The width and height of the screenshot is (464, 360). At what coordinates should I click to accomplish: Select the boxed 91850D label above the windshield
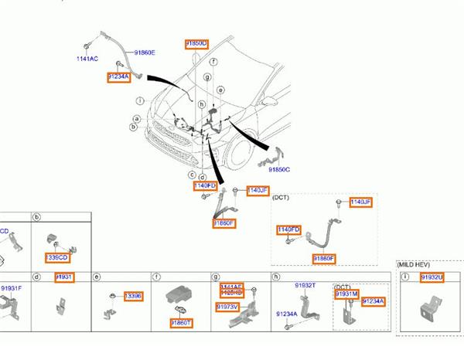pos(196,44)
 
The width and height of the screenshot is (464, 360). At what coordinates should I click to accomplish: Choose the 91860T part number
pos(183,323)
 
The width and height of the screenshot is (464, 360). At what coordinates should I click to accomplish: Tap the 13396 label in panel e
pos(133,296)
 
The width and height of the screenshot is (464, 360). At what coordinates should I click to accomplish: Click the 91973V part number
pos(229,307)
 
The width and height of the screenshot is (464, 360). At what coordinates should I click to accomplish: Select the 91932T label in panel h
pos(305,285)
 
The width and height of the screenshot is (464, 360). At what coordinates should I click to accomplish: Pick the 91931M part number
pos(346,294)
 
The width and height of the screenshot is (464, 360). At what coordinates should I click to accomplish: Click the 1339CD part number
pos(58,257)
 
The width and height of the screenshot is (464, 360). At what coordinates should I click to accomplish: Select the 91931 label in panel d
pos(63,277)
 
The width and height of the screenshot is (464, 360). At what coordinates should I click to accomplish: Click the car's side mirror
pos(271,102)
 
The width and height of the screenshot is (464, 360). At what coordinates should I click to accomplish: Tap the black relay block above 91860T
pos(178,298)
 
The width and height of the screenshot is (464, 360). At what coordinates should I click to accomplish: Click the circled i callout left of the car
pos(140,101)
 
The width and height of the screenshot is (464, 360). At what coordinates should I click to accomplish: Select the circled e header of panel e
pos(97,277)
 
